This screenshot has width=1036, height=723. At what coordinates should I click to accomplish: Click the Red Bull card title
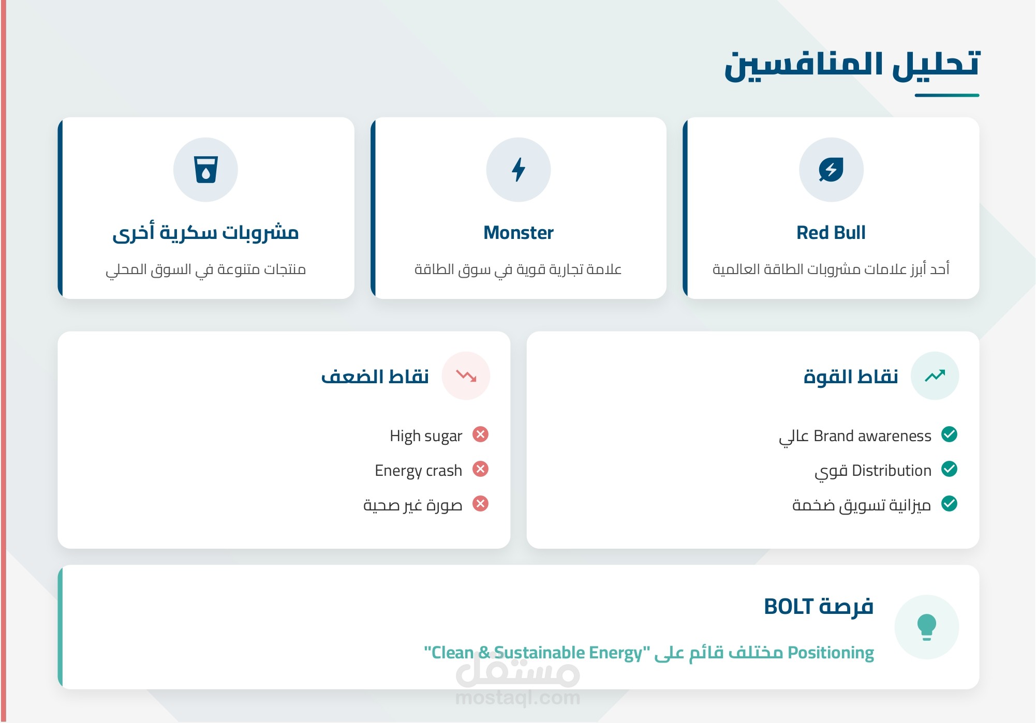831,233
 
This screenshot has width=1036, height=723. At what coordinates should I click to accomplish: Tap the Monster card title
519,233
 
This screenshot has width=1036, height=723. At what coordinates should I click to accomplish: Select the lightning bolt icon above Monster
519,170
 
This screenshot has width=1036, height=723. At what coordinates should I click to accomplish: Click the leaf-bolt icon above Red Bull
831,170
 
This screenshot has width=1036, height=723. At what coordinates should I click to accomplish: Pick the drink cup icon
205,170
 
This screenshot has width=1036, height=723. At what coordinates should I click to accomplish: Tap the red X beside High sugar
481,434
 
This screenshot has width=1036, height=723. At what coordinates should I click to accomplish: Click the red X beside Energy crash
481,469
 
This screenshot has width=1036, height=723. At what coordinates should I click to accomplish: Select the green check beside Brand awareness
949,434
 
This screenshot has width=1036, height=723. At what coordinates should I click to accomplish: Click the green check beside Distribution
949,469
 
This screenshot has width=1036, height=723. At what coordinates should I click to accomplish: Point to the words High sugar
426,436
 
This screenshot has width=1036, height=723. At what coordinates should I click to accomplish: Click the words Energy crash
418,471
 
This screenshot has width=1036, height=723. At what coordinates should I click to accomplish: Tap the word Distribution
892,471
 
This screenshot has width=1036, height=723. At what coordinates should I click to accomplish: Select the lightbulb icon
927,627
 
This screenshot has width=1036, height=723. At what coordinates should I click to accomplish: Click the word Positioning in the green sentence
831,653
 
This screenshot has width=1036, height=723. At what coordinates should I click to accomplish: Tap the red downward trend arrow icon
466,375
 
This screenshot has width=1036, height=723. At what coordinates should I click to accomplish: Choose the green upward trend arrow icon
935,375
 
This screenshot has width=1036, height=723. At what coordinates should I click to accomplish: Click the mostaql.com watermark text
518,698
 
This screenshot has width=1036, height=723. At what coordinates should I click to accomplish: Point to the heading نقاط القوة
851,376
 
